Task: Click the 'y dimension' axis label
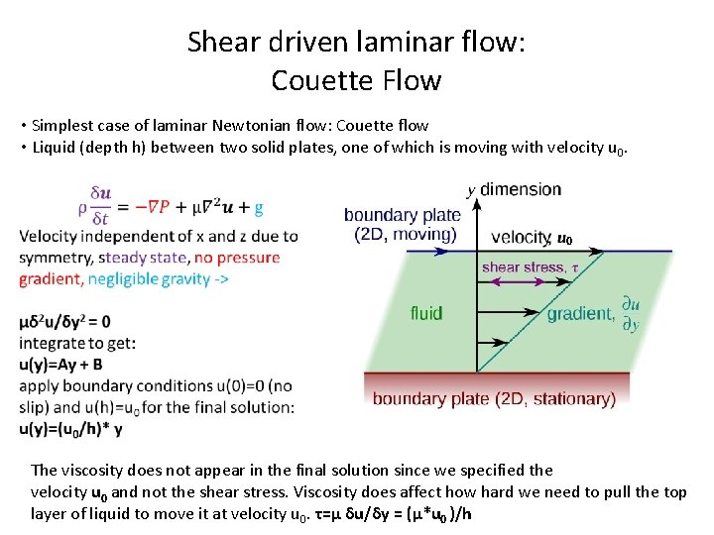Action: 514,189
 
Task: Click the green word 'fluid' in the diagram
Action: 426,313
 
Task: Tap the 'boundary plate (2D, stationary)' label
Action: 494,399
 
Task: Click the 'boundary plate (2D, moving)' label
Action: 402,224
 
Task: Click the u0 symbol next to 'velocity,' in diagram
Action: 565,240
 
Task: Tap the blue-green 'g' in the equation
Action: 259,208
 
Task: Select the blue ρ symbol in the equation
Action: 83,208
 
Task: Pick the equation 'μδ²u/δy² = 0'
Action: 64,322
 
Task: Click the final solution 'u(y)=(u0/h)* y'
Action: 70,428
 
